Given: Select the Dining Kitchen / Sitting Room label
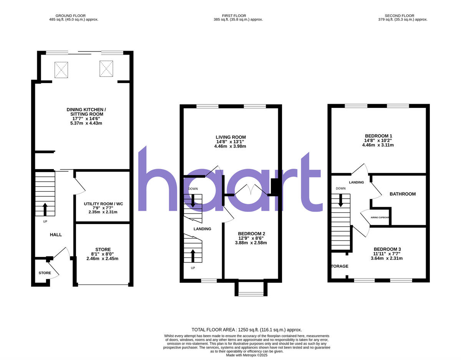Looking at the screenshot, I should (x=86, y=112).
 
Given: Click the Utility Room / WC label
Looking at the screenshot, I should (x=103, y=204).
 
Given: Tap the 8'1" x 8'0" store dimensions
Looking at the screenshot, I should (x=103, y=254).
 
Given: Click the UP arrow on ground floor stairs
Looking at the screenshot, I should (x=45, y=209).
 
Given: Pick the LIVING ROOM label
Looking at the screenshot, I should (x=230, y=137).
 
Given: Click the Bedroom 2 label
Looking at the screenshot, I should (x=252, y=234).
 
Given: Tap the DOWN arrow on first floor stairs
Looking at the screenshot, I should (x=193, y=201).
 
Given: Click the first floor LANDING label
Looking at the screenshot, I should (x=202, y=229).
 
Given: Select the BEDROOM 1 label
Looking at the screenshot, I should (x=378, y=136).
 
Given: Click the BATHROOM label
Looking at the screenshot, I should (x=403, y=194).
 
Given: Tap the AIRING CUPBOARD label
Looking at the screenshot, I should (x=380, y=217).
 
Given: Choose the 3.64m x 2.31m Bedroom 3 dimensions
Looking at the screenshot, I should (x=386, y=258).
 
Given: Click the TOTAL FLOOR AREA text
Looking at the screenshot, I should (x=247, y=330).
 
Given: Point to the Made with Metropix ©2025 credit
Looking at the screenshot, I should (x=247, y=355).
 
